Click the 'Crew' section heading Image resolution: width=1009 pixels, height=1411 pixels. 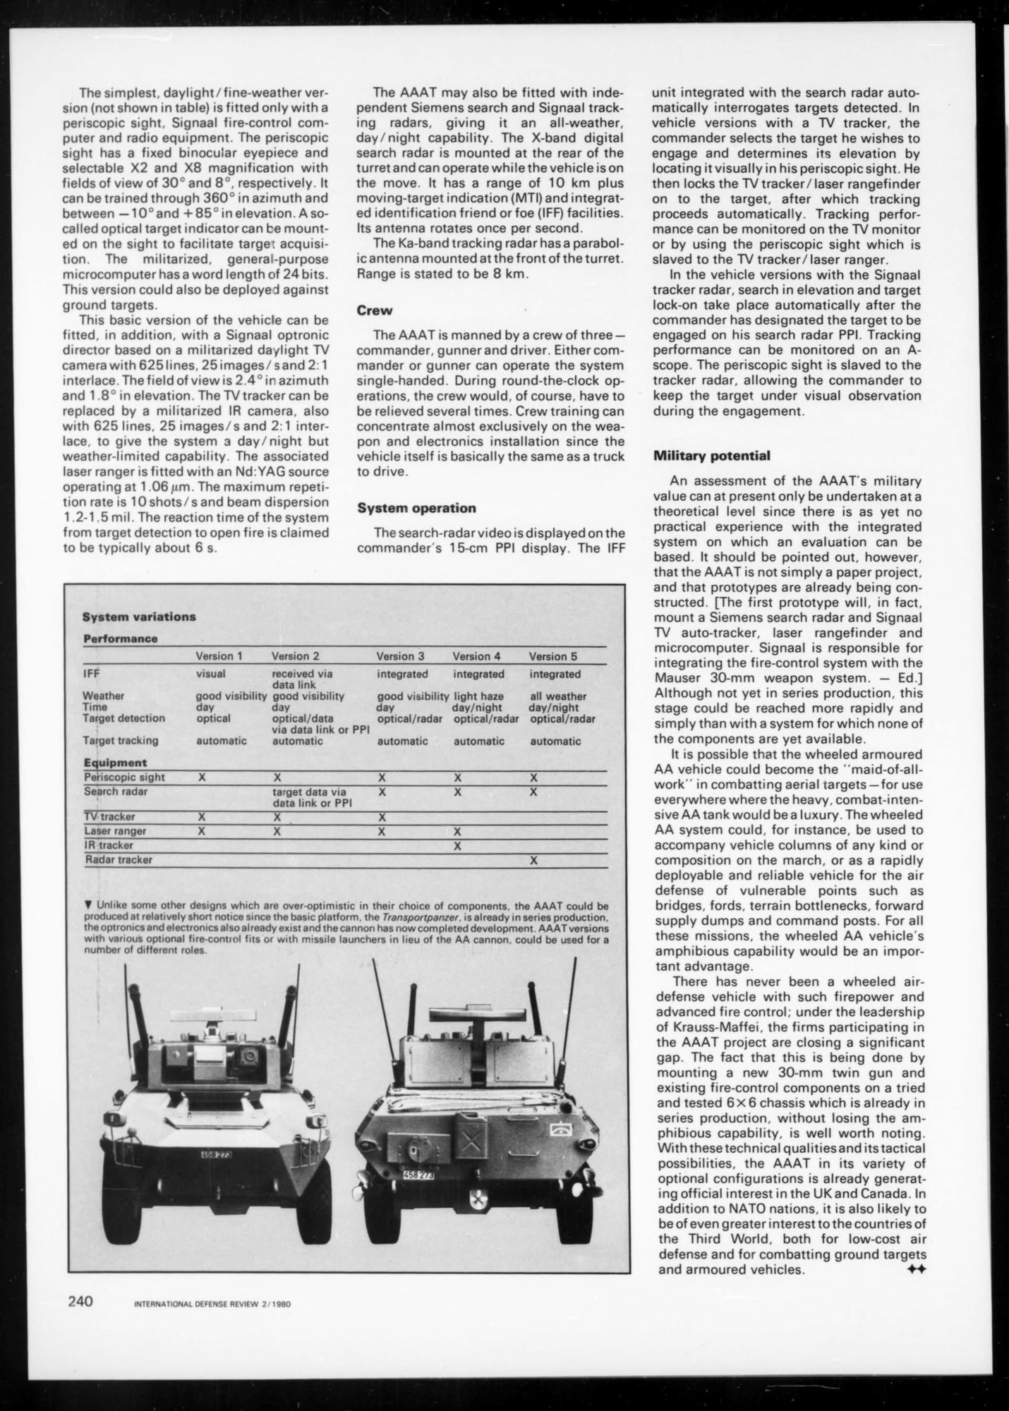click(375, 310)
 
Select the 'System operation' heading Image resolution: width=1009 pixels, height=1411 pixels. click(416, 508)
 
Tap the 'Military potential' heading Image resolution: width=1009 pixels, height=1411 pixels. click(712, 456)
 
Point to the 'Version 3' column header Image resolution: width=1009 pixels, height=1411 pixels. click(400, 656)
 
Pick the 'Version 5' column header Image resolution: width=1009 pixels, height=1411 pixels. click(552, 656)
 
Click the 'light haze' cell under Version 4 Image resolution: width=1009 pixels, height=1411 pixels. click(478, 696)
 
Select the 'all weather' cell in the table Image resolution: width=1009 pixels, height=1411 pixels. click(558, 696)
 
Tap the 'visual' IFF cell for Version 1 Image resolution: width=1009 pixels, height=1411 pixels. click(210, 674)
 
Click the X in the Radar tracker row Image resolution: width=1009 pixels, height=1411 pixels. click(533, 860)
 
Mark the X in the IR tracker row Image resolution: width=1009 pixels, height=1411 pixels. click(457, 845)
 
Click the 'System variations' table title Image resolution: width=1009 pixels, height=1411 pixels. click(139, 617)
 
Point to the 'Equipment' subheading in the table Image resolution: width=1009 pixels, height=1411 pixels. click(115, 763)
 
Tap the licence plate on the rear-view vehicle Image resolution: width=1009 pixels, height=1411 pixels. click(419, 1176)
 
